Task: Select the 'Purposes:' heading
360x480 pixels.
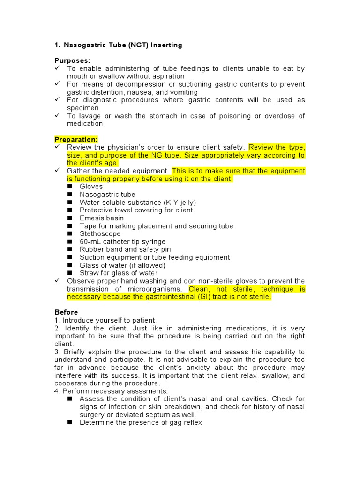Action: (73, 61)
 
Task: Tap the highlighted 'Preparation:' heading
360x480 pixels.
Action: (76, 139)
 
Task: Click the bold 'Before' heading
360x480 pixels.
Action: (66, 312)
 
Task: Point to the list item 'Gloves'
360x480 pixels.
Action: (91, 187)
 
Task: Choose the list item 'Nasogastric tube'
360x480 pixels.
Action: (107, 195)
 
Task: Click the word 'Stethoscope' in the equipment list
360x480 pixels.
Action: (100, 234)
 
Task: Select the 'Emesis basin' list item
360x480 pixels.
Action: (102, 218)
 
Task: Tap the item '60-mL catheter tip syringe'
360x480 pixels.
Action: (122, 242)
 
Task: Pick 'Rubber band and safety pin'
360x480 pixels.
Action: (125, 249)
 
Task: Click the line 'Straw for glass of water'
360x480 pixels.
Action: (119, 273)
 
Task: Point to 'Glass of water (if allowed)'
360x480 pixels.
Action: (122, 265)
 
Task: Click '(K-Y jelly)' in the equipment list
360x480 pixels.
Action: (180, 202)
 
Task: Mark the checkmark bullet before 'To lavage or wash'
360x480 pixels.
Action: (58, 116)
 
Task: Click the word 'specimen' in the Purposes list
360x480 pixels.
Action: (82, 108)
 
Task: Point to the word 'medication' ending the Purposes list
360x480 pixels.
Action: (84, 124)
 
